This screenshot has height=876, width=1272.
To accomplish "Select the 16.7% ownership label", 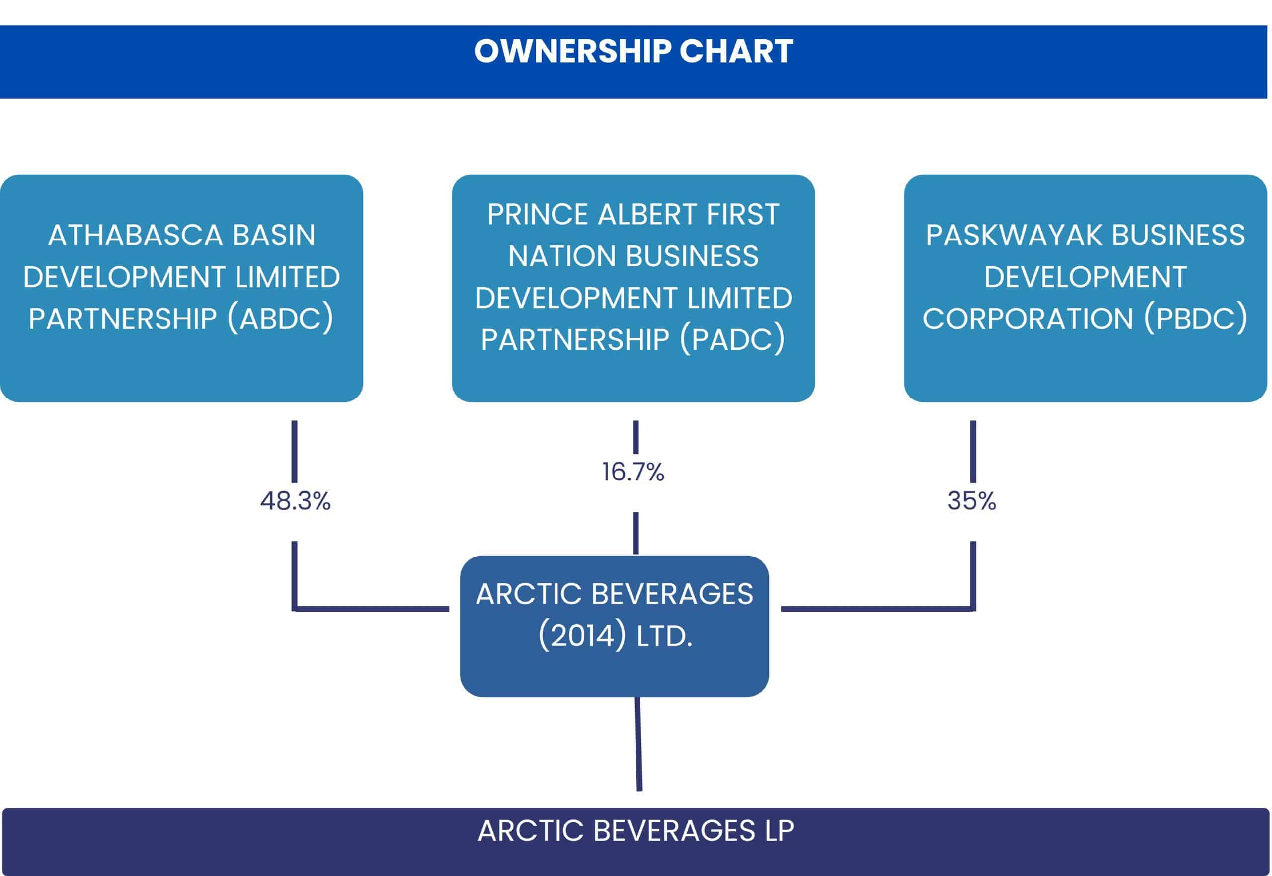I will point(633,472).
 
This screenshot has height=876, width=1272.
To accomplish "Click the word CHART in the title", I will point(736,51).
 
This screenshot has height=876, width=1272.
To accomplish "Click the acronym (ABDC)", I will point(280,319).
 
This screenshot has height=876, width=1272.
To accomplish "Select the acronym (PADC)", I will point(732,340).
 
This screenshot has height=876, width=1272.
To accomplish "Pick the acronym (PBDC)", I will point(1195,319).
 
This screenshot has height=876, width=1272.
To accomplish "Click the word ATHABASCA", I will point(136,236).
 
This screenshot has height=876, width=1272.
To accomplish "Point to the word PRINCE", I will point(538,214).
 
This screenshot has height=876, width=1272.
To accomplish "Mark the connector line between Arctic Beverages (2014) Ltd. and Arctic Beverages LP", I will point(638,744).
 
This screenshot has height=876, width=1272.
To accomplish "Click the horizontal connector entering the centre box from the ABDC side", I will point(372,609).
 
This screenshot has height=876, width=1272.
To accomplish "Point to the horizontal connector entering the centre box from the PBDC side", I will point(877,609).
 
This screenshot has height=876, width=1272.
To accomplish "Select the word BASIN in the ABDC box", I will point(273,236).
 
